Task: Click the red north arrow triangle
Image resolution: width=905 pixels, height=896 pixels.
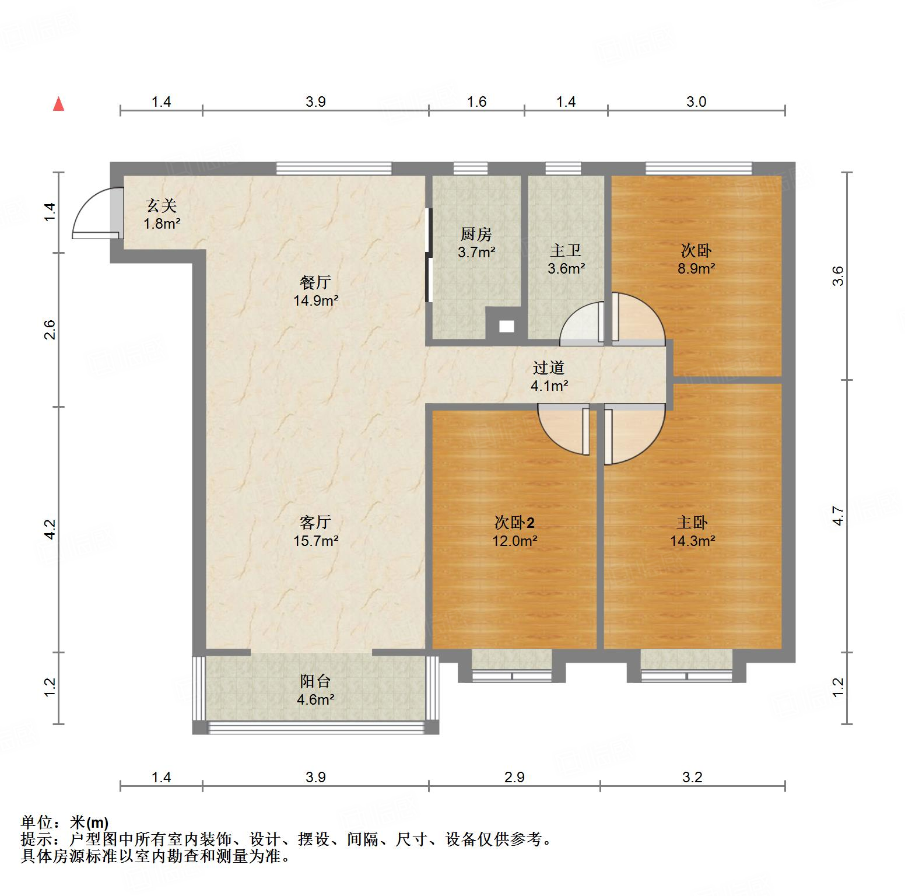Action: coord(58,104)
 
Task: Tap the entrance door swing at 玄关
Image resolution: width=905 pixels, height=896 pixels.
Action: coord(93,213)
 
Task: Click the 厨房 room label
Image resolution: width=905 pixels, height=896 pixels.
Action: coord(476,235)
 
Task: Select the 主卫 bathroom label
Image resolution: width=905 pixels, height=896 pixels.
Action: coord(566,251)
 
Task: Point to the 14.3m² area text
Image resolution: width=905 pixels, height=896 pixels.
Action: coord(692,541)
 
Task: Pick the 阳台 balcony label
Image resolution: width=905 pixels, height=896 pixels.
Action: coord(315,681)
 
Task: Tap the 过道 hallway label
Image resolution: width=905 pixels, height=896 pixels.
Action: coord(549,367)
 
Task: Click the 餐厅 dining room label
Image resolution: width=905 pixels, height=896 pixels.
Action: coord(315,283)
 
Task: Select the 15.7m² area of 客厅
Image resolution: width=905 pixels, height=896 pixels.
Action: coord(315,541)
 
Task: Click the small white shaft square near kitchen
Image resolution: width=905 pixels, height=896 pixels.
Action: coord(506,327)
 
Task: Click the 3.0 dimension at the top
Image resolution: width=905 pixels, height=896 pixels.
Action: coord(696,102)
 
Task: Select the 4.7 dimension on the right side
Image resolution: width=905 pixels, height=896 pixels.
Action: coord(838,516)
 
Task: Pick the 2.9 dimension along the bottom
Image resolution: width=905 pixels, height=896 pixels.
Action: coord(514,777)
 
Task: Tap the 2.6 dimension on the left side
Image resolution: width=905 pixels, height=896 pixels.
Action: coord(50,330)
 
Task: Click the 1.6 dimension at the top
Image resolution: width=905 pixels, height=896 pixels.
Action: coord(476,102)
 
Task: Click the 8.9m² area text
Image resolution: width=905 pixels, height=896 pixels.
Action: coord(696,268)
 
